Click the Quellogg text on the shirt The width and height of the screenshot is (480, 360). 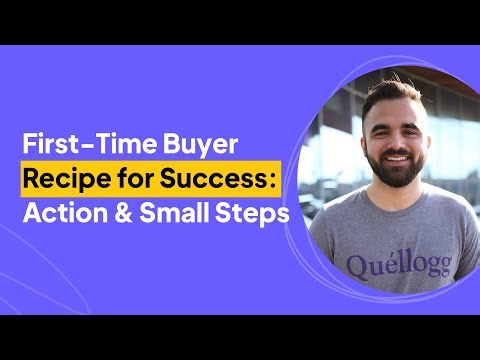(x=398, y=265)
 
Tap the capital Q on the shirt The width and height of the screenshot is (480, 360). (x=358, y=265)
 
